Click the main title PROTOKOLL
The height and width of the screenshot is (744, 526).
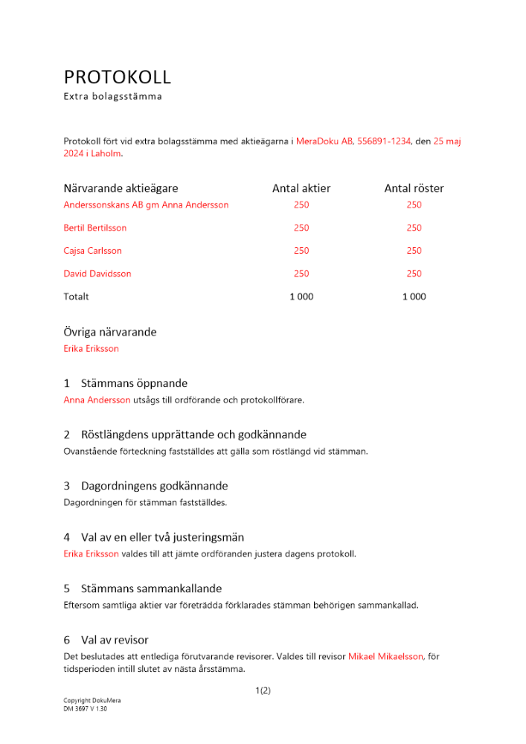pyautogui.click(x=118, y=77)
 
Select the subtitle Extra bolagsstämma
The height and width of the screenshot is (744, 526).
pyautogui.click(x=112, y=97)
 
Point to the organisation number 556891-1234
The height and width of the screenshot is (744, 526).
pyautogui.click(x=384, y=141)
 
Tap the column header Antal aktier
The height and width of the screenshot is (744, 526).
pyautogui.click(x=301, y=188)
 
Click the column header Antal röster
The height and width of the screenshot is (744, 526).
pyautogui.click(x=414, y=188)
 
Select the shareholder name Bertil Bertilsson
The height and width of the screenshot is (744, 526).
pyautogui.click(x=95, y=228)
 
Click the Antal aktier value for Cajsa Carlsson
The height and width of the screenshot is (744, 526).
pyautogui.click(x=301, y=251)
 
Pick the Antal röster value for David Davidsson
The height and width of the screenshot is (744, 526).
pyautogui.click(x=414, y=274)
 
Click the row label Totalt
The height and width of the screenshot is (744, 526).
pyautogui.click(x=76, y=297)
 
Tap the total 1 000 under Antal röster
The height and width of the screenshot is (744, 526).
pyautogui.click(x=414, y=297)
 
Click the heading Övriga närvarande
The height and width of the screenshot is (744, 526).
pyautogui.click(x=110, y=332)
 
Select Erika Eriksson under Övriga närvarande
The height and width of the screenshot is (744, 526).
pyautogui.click(x=91, y=348)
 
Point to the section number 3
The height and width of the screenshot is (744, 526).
pyautogui.click(x=67, y=486)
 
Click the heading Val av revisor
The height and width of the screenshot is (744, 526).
pyautogui.click(x=115, y=640)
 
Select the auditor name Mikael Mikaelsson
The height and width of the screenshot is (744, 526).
pyautogui.click(x=385, y=656)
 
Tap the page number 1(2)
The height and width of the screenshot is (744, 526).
pyautogui.click(x=263, y=690)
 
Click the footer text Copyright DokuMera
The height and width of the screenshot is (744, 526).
pyautogui.click(x=92, y=701)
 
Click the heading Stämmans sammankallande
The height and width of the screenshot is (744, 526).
pyautogui.click(x=151, y=589)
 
